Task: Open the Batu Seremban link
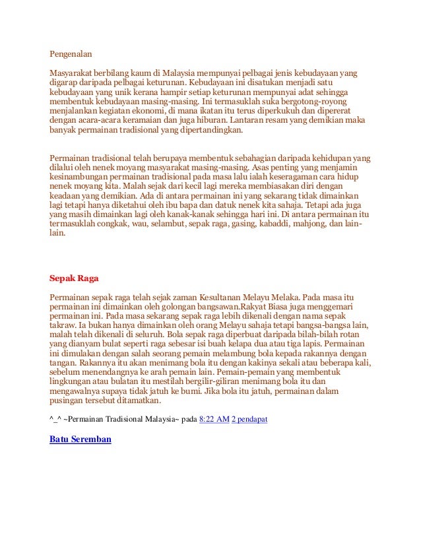[x=81, y=438]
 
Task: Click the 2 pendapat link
[x=249, y=419]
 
